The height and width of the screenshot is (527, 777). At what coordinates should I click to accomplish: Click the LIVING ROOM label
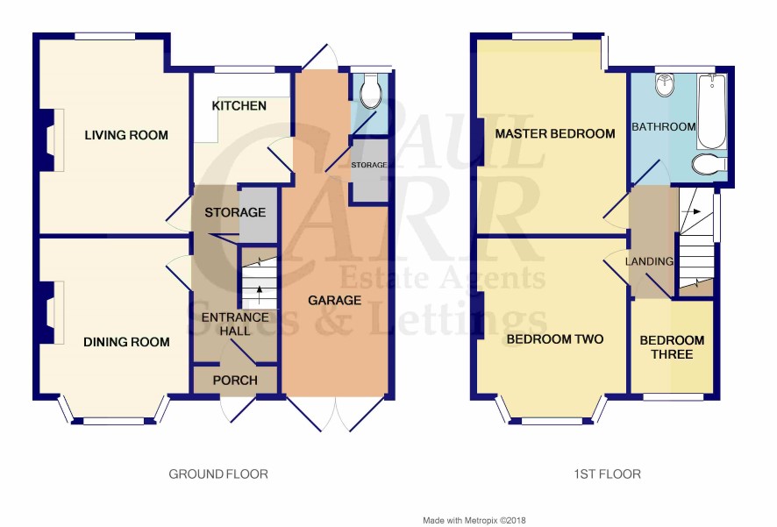point(126,135)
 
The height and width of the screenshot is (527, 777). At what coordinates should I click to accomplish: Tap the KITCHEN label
point(239,105)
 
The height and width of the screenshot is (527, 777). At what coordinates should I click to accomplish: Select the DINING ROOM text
point(126,342)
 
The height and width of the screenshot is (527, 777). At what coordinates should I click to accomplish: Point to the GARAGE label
point(334,300)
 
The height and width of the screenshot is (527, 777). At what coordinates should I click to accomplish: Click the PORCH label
point(235,381)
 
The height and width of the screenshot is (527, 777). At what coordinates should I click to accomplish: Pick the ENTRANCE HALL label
point(235,324)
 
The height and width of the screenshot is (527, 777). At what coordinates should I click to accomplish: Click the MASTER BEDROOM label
point(555,133)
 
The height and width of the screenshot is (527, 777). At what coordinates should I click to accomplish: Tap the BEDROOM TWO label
point(555,339)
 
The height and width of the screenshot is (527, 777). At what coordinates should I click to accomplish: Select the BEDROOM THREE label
point(672,347)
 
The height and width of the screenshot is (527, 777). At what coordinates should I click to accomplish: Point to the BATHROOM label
point(664,127)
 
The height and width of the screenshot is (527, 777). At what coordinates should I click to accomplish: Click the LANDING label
point(649,261)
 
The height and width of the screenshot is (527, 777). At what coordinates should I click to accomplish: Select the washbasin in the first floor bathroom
point(664,85)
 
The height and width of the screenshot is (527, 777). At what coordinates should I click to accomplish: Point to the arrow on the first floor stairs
point(691,211)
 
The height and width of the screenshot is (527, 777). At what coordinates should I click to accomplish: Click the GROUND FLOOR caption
point(218,474)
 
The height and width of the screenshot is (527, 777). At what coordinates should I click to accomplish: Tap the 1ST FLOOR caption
point(607,474)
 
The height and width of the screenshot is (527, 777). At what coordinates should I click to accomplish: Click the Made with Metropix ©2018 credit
point(474,520)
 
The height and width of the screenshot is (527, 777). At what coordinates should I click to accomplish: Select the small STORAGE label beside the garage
point(369,165)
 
